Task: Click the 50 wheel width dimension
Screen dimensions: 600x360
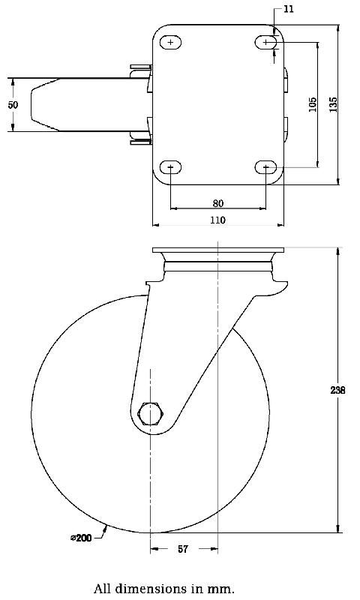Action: [13, 105]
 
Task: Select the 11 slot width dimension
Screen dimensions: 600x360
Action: [288, 10]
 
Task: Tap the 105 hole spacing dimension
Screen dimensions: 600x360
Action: [313, 104]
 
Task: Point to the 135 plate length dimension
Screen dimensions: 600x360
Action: [333, 103]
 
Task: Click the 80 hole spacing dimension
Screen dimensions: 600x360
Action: [218, 203]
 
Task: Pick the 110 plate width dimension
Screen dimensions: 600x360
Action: [218, 220]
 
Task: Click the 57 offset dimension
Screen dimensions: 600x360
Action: [183, 550]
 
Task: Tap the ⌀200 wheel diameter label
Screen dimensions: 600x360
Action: [82, 537]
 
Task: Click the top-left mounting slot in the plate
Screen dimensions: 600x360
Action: [171, 43]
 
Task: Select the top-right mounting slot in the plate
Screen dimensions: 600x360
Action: [266, 43]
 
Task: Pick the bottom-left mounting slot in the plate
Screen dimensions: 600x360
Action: [171, 166]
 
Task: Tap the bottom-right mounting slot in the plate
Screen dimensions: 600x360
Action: [266, 166]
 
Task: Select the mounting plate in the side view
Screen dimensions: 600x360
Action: [218, 250]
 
